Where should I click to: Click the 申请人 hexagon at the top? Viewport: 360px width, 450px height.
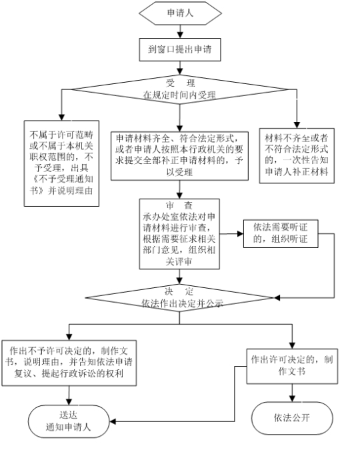coord(180,13)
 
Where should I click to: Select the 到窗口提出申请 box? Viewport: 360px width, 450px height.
coord(180,49)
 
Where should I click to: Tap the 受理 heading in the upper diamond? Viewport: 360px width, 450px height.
coord(180,83)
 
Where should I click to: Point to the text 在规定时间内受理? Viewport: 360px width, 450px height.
coord(179,95)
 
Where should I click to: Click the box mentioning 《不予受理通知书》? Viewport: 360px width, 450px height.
coord(61,163)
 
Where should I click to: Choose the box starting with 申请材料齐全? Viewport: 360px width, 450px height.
coord(180,156)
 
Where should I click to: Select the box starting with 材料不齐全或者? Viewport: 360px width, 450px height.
coord(297,155)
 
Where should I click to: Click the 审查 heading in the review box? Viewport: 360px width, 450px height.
coord(179,205)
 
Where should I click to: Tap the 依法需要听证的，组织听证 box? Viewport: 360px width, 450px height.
coord(281,233)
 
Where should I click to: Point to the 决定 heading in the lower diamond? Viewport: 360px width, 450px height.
coord(179,291)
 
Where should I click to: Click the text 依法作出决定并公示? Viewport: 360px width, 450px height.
coord(182,303)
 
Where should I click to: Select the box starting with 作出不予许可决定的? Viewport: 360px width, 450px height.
coord(69,363)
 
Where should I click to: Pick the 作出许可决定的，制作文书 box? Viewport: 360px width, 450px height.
coord(292,366)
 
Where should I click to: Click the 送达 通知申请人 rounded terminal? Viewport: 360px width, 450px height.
coord(69,421)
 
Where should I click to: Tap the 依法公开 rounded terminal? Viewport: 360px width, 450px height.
coord(292,418)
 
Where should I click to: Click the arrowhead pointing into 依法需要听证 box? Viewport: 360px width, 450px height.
coord(240,234)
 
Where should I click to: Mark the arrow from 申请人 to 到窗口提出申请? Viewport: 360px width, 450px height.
coord(180,31)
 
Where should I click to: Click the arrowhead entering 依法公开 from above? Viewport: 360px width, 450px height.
coord(292,399)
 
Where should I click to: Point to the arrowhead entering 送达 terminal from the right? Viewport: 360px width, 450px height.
coord(113,421)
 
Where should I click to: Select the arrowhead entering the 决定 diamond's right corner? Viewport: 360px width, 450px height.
coord(277,298)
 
